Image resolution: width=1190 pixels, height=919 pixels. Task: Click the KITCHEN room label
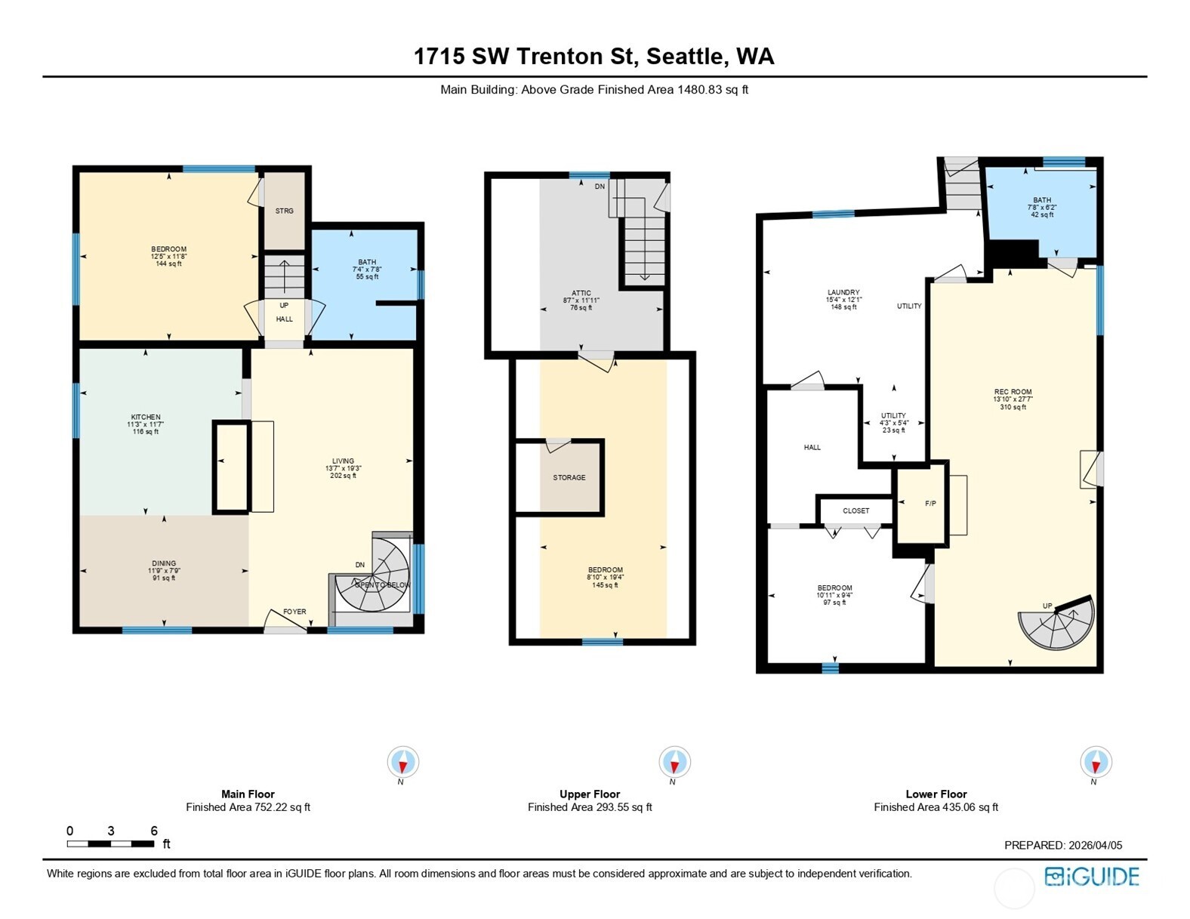(x=146, y=417)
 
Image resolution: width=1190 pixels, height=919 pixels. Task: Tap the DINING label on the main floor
(x=164, y=563)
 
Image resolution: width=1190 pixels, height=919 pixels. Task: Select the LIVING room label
(x=343, y=461)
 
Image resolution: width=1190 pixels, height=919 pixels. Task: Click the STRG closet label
(x=285, y=211)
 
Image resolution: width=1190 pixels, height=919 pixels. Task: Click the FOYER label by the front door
(x=294, y=612)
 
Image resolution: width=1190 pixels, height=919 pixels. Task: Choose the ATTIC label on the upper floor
(x=581, y=293)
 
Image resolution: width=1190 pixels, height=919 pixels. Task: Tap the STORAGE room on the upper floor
(x=569, y=477)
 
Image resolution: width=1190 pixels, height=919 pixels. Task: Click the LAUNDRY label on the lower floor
(x=843, y=292)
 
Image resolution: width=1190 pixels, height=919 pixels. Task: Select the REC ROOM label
(x=1013, y=392)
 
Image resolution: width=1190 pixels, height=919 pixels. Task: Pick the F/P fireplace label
(x=930, y=503)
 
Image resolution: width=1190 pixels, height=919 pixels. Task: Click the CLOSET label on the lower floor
(x=856, y=510)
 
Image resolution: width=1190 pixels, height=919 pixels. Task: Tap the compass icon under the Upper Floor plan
(x=674, y=762)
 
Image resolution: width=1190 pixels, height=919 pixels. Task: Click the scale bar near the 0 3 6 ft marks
(x=111, y=843)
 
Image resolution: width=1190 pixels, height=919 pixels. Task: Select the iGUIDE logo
(x=1092, y=877)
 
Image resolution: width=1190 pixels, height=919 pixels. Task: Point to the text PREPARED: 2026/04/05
(x=1062, y=845)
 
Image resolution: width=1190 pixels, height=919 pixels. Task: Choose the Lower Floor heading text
(x=936, y=794)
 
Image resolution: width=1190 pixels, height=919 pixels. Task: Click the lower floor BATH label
(x=1042, y=200)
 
